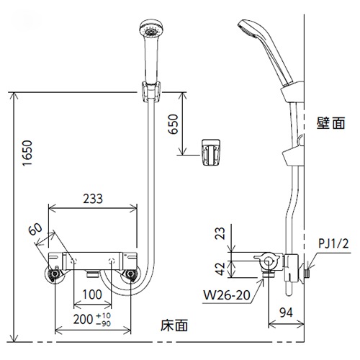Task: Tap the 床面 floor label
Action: [174, 326]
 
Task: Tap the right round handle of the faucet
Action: [130, 275]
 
